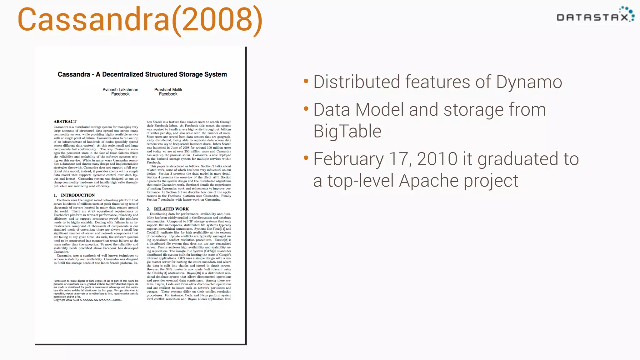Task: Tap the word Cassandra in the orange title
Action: click(93, 19)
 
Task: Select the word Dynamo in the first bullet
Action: click(529, 82)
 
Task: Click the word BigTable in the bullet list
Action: click(347, 131)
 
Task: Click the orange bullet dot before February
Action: click(306, 158)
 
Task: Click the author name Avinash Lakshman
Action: click(120, 90)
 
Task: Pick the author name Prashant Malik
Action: click(168, 90)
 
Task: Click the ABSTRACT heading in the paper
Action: click(65, 122)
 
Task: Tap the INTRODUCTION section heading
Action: click(77, 195)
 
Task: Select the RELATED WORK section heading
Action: click(171, 209)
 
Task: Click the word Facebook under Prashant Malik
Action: click(168, 94)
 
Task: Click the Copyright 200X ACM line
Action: click(87, 300)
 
